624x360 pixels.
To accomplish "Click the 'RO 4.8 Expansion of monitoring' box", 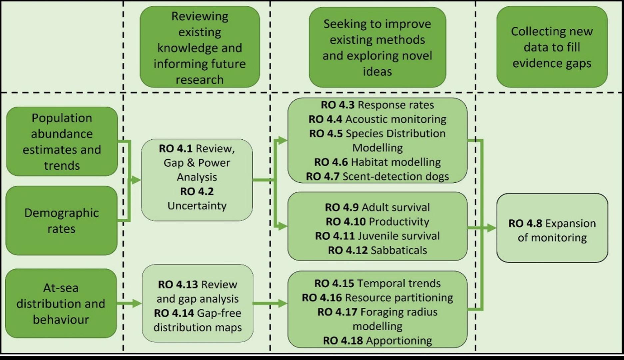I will coord(552,228).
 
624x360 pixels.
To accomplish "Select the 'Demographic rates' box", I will coord(62,221).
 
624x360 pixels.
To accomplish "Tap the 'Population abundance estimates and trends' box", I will coord(62,141).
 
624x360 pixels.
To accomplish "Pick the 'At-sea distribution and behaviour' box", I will coord(61,303).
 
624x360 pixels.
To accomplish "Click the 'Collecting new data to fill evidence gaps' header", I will coord(552,47).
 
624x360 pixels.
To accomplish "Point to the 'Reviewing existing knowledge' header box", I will coord(200,48).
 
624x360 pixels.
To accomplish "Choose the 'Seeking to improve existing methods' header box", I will coord(377,47).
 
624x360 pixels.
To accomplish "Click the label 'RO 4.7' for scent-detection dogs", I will coord(322,176).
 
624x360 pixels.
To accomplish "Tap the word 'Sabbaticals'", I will coord(398,250).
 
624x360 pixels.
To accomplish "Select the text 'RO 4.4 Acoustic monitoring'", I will coord(377,119).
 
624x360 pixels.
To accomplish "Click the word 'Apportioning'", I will coord(399,340).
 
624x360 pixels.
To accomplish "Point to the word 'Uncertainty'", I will coord(197,206).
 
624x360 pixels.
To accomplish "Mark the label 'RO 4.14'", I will coord(174,313).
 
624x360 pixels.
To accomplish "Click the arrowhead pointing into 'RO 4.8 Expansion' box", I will coord(492,228).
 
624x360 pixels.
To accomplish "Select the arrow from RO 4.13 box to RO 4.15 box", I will coord(270,303).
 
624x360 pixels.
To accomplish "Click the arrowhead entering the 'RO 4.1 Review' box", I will coord(136,180).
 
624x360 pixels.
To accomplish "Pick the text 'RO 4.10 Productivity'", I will coord(377,221).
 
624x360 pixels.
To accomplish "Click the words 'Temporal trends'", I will coord(398,283).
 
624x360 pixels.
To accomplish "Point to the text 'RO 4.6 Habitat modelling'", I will coord(377,162).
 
